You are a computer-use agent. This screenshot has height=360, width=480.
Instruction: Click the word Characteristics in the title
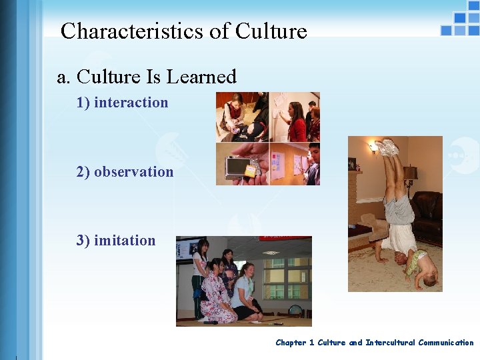click(x=125, y=31)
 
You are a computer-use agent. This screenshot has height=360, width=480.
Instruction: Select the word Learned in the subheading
click(x=201, y=77)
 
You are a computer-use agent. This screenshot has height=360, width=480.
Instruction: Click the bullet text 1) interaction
click(x=122, y=102)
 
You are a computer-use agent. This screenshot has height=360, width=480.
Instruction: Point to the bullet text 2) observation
click(x=125, y=171)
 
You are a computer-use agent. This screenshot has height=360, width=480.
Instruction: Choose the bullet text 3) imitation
click(x=115, y=240)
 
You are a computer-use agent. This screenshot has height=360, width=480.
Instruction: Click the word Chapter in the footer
click(x=291, y=343)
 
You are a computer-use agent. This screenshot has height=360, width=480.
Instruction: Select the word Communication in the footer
click(x=446, y=343)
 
